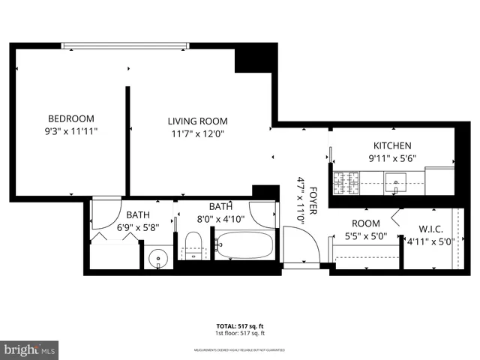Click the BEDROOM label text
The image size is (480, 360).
pyautogui.click(x=71, y=118)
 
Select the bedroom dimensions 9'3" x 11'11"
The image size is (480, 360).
pyautogui.click(x=71, y=130)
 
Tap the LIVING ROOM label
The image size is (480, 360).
pyautogui.click(x=197, y=121)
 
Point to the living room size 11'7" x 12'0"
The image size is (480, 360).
pyautogui.click(x=197, y=133)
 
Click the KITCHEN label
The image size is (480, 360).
pyautogui.click(x=392, y=145)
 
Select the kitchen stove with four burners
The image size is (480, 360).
pyautogui.click(x=346, y=181)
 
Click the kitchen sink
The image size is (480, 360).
pyautogui.click(x=395, y=181)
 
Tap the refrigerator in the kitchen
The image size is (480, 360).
pyautogui.click(x=439, y=179)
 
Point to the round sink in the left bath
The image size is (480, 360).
pyautogui.click(x=158, y=258)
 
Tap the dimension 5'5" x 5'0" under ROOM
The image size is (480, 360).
pyautogui.click(x=365, y=235)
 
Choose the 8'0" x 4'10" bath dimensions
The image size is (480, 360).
pyautogui.click(x=220, y=219)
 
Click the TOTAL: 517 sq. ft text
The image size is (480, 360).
pyautogui.click(x=241, y=326)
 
